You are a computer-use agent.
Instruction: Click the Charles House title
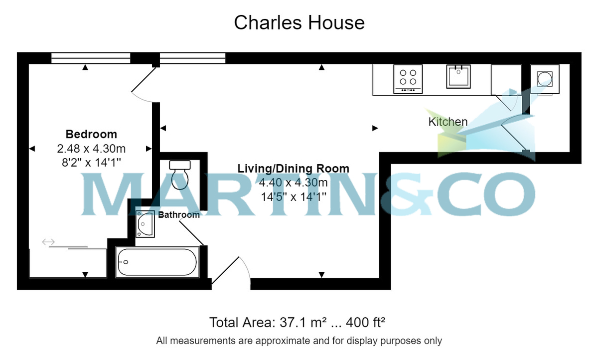299,23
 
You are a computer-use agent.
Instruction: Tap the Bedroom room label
91,134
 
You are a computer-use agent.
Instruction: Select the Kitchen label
448,122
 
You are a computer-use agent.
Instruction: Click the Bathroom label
179,215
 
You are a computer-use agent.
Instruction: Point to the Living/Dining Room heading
294,169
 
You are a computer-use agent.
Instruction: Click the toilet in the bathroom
180,175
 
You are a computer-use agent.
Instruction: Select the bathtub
157,262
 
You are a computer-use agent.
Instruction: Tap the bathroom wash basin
145,224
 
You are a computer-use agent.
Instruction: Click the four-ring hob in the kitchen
408,79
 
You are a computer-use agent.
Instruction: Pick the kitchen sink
458,77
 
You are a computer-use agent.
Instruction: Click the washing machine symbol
545,79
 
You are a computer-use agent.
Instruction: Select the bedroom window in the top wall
91,58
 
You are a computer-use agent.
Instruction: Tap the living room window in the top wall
192,58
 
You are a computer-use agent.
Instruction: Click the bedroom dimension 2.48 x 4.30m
91,149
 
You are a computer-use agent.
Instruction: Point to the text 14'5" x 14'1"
294,197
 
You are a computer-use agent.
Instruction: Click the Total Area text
297,322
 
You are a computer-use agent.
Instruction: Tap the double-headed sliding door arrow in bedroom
48,242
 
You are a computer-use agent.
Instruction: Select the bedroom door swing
144,85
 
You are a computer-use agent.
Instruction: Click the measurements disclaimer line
299,341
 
